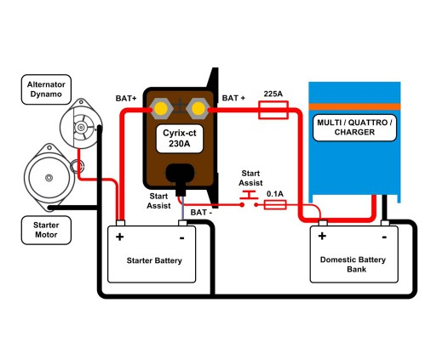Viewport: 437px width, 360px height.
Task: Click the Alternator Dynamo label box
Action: point(46,89)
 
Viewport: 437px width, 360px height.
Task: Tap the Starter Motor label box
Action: point(46,230)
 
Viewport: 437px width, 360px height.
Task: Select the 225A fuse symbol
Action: point(273,110)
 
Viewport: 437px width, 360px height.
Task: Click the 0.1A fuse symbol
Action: point(275,204)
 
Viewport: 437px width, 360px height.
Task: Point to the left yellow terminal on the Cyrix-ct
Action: point(161,108)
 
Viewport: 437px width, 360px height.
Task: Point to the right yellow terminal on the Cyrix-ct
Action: point(198,108)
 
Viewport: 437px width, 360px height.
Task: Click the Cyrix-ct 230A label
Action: point(180,139)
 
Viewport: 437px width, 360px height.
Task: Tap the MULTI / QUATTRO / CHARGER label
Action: point(354,128)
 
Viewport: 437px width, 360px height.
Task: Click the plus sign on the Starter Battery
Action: point(120,237)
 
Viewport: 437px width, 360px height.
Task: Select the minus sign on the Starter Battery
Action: point(182,237)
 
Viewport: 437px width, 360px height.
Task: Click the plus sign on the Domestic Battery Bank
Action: point(322,236)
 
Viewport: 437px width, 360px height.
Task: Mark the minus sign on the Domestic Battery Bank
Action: point(384,237)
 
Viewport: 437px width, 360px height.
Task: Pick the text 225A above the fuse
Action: point(273,94)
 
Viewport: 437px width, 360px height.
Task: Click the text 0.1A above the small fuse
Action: point(275,194)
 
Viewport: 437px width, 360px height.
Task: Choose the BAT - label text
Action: point(201,212)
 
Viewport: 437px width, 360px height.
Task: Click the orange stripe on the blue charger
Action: point(354,106)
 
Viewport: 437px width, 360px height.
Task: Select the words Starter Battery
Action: point(154,260)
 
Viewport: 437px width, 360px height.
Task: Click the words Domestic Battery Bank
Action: point(353,265)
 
